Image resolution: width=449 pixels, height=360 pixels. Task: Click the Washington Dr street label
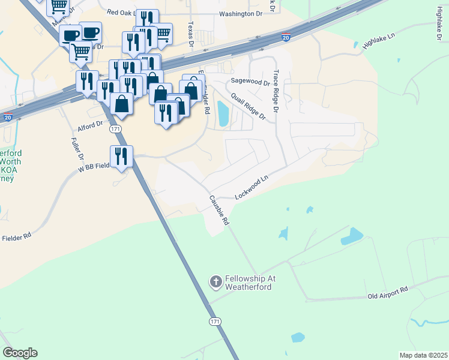241,14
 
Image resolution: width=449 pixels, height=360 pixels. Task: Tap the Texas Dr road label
191,34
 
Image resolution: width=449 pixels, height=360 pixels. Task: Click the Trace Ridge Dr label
276,91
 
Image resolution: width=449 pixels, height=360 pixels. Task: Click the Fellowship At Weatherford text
249,283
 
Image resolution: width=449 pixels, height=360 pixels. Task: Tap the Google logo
20,352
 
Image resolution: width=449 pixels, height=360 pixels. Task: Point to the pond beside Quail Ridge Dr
223,113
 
